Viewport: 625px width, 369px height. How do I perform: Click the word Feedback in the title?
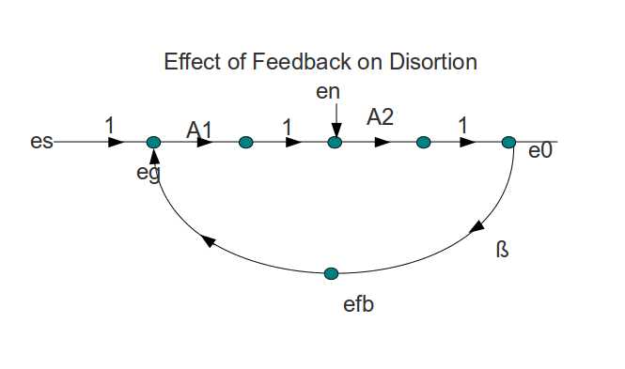coord(302,62)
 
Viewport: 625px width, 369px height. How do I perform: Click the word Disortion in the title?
coord(433,62)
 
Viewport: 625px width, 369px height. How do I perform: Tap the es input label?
coord(41,142)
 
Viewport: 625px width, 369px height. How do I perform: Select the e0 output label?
coord(540,151)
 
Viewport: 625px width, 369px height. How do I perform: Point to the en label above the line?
coord(328,92)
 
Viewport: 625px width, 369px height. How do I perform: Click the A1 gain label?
coord(199,130)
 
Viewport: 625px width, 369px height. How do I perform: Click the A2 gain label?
coord(380,117)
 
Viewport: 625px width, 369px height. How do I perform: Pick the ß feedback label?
coord(503,249)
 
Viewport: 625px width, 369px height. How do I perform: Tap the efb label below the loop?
coord(358,304)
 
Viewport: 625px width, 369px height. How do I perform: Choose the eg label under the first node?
coord(148,173)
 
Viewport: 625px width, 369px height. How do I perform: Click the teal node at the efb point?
coord(331,273)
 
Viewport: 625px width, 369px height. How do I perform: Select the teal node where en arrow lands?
coord(335,142)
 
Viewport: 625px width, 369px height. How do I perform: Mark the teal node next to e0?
coord(508,142)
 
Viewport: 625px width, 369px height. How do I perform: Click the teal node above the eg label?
coord(154,142)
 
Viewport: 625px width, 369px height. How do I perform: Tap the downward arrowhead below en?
coord(336,130)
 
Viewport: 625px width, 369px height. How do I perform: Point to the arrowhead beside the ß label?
coord(477,227)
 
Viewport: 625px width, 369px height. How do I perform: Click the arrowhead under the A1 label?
coord(205,142)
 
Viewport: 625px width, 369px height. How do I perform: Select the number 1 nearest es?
coord(110,126)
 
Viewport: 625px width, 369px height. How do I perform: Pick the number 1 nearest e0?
coord(462,126)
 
